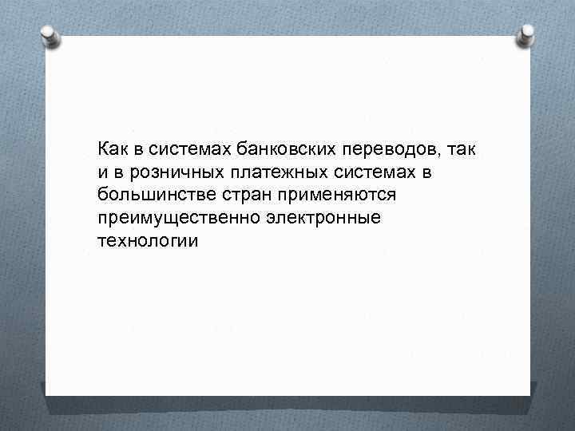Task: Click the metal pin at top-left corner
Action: click(48, 35)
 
